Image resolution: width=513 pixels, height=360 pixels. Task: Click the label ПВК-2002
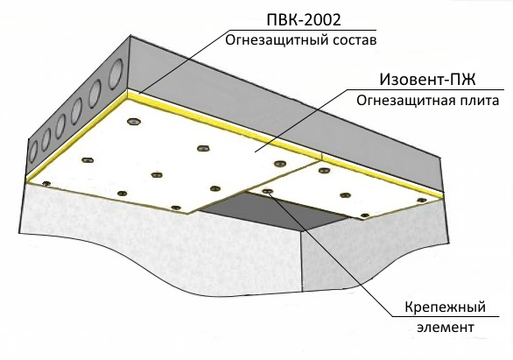304,19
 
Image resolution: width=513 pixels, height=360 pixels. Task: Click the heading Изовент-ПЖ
427,80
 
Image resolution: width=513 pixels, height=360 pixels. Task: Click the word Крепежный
446,307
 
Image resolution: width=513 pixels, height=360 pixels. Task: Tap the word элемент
446,328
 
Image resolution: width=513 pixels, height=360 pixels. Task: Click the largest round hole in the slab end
116,73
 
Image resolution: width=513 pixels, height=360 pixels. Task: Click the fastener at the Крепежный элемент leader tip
267,191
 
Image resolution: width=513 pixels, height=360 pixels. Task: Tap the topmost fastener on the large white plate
133,122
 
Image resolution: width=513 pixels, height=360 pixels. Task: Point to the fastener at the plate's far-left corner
46,183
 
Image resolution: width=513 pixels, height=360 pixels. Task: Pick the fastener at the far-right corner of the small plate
422,200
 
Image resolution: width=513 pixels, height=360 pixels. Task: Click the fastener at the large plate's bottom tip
176,208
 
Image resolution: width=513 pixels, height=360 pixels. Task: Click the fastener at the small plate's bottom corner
365,215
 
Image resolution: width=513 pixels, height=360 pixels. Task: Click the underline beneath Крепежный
446,316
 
